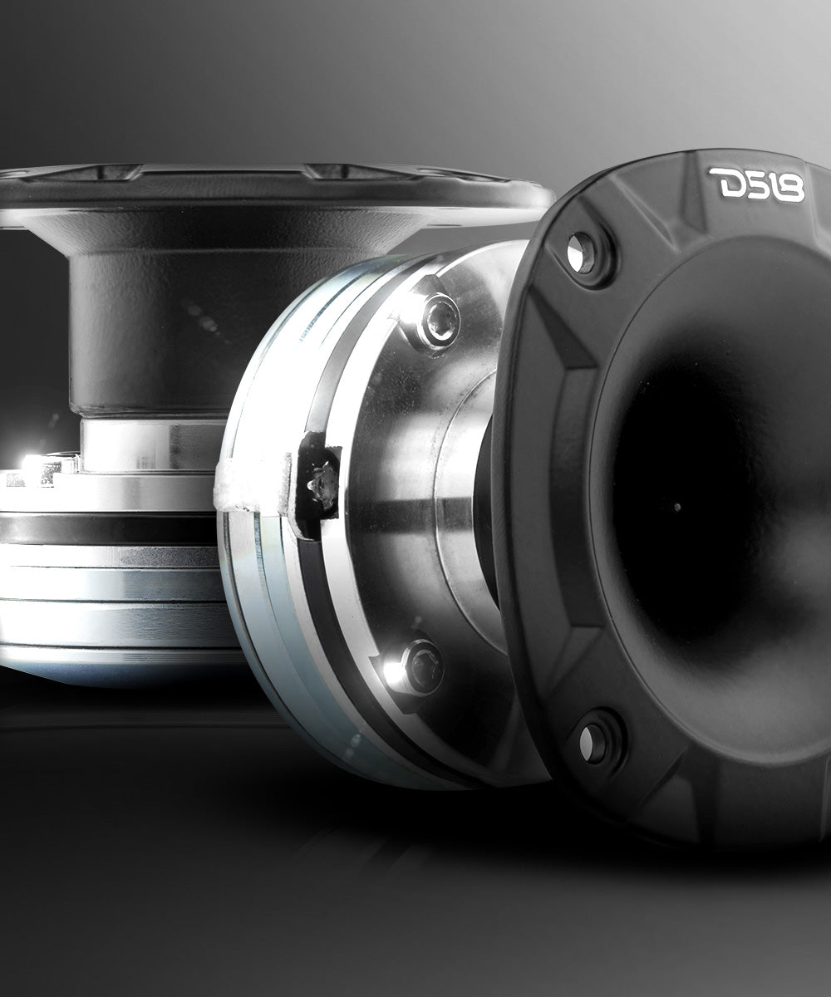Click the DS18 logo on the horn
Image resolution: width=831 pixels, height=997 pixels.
click(x=756, y=184)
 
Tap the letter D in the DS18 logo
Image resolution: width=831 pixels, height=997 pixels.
click(x=725, y=183)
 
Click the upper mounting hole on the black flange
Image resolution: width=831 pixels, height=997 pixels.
click(x=581, y=253)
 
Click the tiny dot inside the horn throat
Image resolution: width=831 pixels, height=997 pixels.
click(x=677, y=507)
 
